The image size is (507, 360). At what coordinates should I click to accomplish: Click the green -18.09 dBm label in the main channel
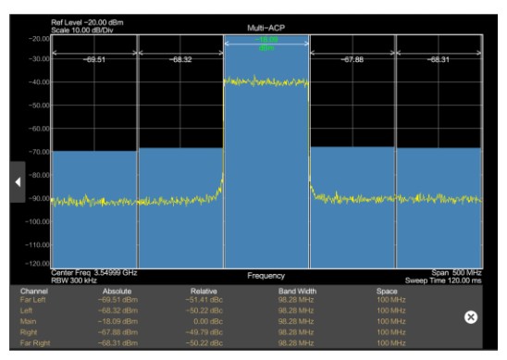pos(267,43)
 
